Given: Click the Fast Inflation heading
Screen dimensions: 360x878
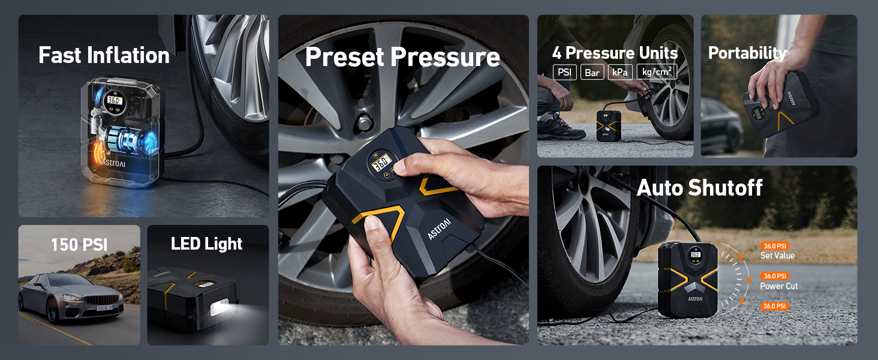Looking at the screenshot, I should pyautogui.click(x=104, y=55).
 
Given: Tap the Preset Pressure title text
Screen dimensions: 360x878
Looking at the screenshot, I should pyautogui.click(x=402, y=57).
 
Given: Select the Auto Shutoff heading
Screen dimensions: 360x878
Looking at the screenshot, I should pyautogui.click(x=699, y=188).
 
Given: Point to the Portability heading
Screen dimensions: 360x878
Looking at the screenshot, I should pyautogui.click(x=747, y=53).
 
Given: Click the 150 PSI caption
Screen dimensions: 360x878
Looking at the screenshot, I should pyautogui.click(x=79, y=245).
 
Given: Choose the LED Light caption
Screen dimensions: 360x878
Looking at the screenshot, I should pyautogui.click(x=207, y=244).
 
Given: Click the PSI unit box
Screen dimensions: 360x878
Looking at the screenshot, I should pyautogui.click(x=564, y=73).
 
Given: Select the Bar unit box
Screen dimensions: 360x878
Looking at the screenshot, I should pyautogui.click(x=593, y=73).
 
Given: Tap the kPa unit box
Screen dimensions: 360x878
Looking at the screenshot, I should pyautogui.click(x=620, y=73).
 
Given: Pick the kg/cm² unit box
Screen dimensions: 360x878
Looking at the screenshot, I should pyautogui.click(x=657, y=73).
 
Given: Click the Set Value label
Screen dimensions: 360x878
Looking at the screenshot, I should pyautogui.click(x=777, y=256).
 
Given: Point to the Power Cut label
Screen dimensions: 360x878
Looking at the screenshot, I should pyautogui.click(x=779, y=286).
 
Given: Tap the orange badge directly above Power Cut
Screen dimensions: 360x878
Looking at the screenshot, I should pyautogui.click(x=774, y=276).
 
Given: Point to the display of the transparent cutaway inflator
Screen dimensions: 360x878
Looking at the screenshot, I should pyautogui.click(x=113, y=100).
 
